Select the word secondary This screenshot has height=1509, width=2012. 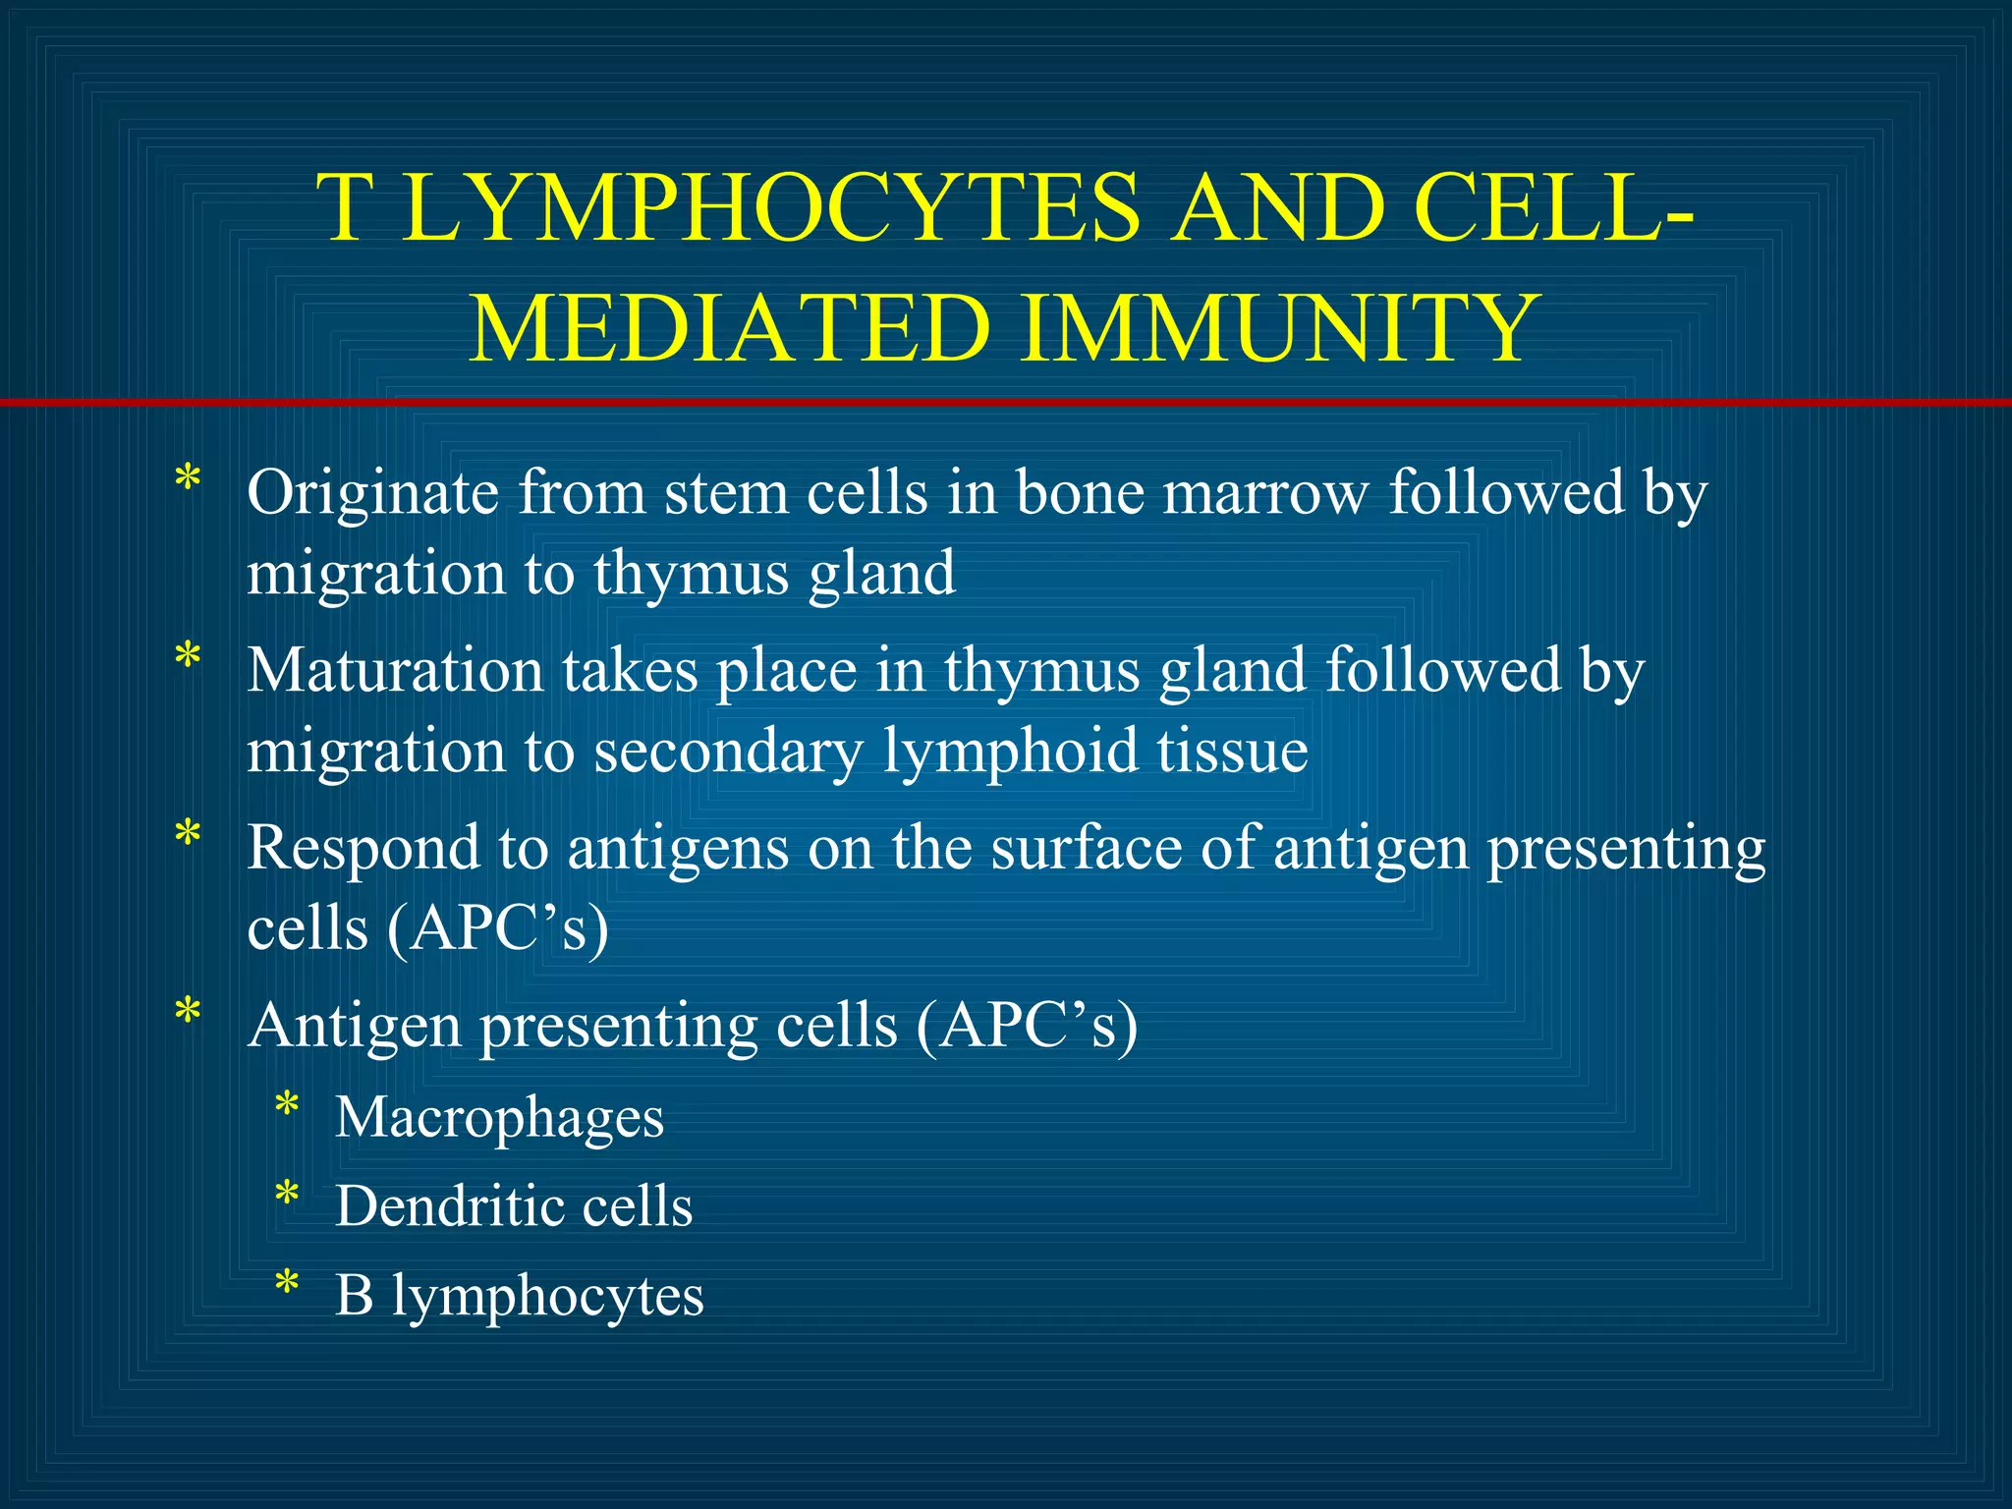(728, 753)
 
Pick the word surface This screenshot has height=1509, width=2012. (1086, 847)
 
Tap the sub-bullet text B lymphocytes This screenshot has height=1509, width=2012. (520, 1296)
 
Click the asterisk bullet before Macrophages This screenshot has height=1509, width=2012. (287, 1106)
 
